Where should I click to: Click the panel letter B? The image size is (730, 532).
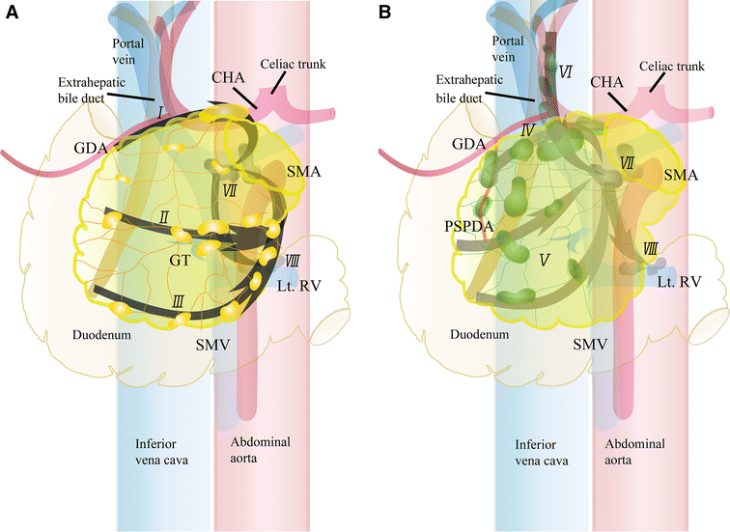(x=385, y=13)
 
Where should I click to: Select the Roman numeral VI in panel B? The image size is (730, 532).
(x=567, y=70)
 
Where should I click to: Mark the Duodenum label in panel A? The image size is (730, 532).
(x=103, y=337)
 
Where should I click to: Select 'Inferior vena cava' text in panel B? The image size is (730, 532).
(x=539, y=452)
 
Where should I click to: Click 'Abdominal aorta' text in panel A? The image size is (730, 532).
(x=261, y=452)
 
